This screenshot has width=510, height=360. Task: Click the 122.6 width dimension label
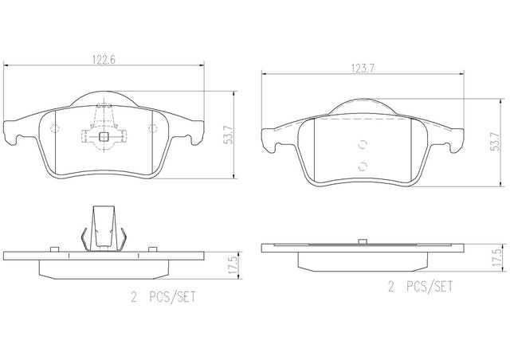pos(104,60)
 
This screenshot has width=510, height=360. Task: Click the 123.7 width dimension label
pos(363,68)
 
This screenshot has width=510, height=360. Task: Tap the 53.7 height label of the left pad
pos(229,135)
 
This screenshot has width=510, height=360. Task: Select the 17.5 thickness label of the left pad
pos(232,265)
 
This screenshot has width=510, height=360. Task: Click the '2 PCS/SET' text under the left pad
pos(163,297)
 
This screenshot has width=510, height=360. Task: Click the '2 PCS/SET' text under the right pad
pos(420,287)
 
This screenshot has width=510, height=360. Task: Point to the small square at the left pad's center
pos(104,136)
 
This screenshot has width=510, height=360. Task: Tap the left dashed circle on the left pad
pos(55,128)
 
